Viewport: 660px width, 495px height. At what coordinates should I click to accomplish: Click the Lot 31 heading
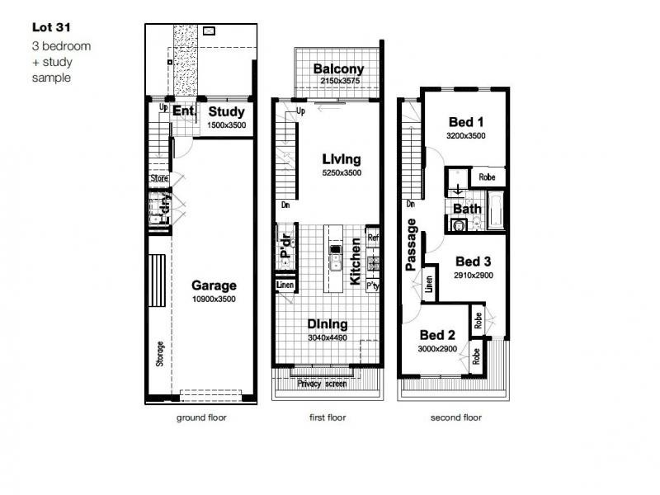(51, 27)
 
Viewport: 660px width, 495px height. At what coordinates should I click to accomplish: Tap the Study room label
(226, 111)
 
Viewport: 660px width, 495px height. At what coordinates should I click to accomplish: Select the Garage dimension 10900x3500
(214, 299)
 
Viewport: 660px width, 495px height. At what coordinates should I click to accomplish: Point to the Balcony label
(338, 68)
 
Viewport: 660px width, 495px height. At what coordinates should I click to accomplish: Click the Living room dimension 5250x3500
(342, 172)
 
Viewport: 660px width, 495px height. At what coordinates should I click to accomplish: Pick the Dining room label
(328, 324)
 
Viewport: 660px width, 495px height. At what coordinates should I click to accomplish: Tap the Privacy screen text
(322, 384)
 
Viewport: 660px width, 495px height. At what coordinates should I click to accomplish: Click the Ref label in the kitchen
(373, 238)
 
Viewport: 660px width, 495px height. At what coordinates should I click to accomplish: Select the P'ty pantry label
(373, 285)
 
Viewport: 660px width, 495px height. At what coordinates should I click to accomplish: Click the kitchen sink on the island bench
(336, 265)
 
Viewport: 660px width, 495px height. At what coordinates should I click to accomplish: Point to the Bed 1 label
(466, 122)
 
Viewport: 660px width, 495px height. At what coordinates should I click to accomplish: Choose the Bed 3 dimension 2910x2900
(474, 276)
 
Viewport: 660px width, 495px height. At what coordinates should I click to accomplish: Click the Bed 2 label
(437, 335)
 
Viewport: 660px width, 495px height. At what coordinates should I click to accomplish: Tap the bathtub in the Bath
(496, 210)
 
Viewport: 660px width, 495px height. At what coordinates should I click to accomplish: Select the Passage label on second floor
(411, 244)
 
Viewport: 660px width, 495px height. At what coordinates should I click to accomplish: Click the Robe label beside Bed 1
(487, 177)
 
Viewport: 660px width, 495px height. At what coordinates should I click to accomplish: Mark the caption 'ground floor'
(201, 417)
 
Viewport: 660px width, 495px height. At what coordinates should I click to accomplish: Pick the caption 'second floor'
(456, 417)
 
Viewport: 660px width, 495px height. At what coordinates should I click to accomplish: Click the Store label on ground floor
(159, 178)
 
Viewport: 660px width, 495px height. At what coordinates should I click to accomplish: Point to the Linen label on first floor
(285, 285)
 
